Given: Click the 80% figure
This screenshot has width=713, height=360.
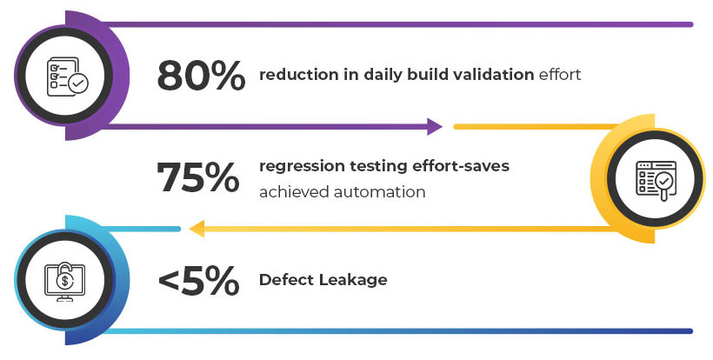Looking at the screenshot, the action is pyautogui.click(x=201, y=76).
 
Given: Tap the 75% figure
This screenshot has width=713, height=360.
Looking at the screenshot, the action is pyautogui.click(x=197, y=177).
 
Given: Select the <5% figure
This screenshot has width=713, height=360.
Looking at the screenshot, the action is pyautogui.click(x=198, y=280).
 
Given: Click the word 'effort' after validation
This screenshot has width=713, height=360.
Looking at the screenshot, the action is pyautogui.click(x=560, y=75).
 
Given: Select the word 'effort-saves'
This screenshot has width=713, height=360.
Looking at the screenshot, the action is pyautogui.click(x=461, y=166).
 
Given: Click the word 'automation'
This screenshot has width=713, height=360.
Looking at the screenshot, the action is pyautogui.click(x=380, y=192).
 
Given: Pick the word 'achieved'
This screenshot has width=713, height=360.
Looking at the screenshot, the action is pyautogui.click(x=294, y=192).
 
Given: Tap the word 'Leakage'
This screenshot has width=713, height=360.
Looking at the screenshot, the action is pyautogui.click(x=352, y=281).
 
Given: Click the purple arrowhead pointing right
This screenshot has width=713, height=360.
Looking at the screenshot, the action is pyautogui.click(x=434, y=126).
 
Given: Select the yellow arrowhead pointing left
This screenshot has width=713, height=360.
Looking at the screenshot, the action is pyautogui.click(x=197, y=229).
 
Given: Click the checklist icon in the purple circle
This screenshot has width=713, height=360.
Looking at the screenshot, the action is pyautogui.click(x=67, y=77).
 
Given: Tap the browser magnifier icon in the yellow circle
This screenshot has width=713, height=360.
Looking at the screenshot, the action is pyautogui.click(x=656, y=181).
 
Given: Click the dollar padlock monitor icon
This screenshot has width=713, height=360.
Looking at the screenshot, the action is pyautogui.click(x=64, y=282).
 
